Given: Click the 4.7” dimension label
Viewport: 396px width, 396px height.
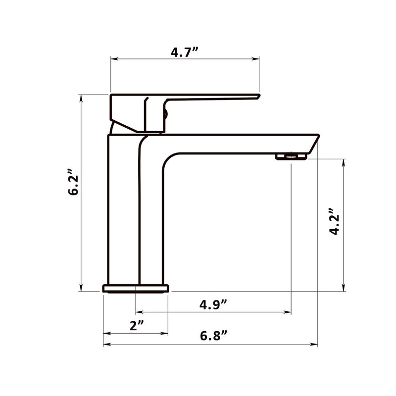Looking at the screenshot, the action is click(x=184, y=52).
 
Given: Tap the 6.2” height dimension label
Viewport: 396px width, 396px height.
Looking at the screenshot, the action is click(x=73, y=182).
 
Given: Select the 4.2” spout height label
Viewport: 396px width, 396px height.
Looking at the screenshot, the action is click(x=335, y=222).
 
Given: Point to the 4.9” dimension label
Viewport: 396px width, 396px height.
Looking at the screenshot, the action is click(x=213, y=305).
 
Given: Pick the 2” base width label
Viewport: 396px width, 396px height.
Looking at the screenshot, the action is click(x=137, y=325).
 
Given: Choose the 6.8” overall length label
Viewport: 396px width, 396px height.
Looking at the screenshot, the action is click(x=214, y=336).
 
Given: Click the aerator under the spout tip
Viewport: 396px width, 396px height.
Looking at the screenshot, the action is click(x=291, y=156).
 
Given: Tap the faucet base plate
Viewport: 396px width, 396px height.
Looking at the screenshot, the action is click(x=136, y=289).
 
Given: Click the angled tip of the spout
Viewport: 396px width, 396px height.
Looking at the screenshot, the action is click(x=315, y=143).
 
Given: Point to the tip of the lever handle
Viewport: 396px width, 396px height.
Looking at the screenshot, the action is click(x=258, y=96).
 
